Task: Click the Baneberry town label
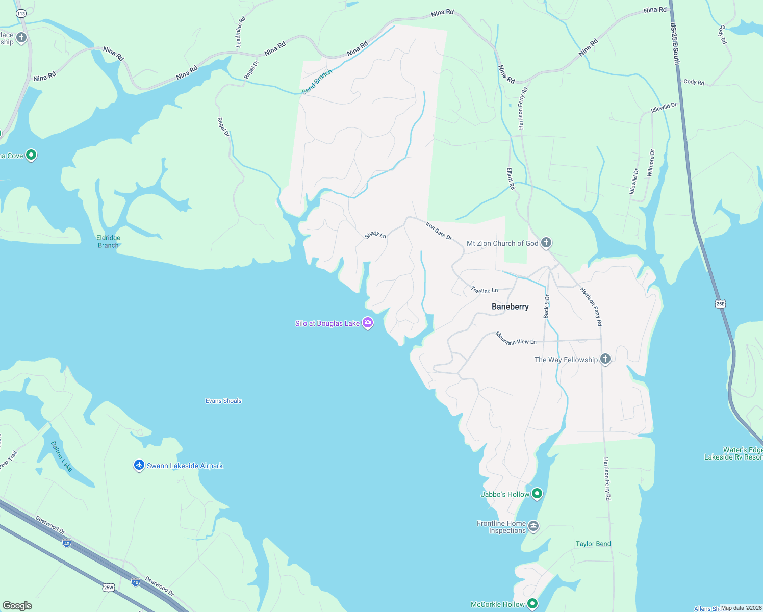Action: [x=510, y=307]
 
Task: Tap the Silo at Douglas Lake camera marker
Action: [x=368, y=323]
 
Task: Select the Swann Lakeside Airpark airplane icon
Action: [x=139, y=465]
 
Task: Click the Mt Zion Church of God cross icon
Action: [x=546, y=243]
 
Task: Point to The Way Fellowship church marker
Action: [x=605, y=359]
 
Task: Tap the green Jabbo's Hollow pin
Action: [x=537, y=494]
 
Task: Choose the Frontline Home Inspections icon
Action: [x=533, y=526]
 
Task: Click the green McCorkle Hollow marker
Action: [x=532, y=604]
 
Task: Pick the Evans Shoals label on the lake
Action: [x=223, y=401]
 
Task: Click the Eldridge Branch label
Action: [x=108, y=241]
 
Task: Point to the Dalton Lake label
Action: [x=62, y=456]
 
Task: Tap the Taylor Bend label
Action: [x=593, y=544]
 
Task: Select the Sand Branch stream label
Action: [x=317, y=82]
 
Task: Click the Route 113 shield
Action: [x=21, y=14]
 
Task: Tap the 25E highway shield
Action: [x=720, y=304]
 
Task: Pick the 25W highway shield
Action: [x=108, y=588]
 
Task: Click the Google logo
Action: [x=17, y=606]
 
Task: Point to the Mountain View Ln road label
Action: [x=516, y=339]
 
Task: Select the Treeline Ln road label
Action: [x=484, y=290]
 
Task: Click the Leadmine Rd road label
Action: [x=241, y=32]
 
